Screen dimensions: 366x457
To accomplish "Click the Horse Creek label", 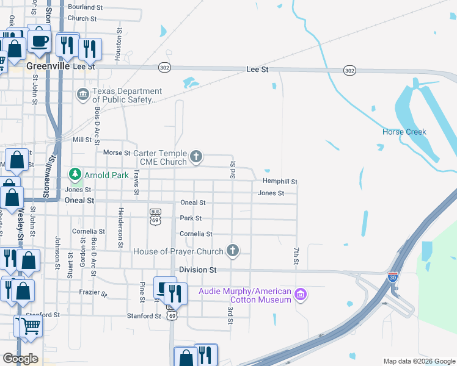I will pos(404,132).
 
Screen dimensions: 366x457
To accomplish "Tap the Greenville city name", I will pos(48,66).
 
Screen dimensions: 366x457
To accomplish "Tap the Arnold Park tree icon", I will pos(75,175).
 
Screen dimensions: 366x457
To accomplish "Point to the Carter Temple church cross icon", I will pos(196,157).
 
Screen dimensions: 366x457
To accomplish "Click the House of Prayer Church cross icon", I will pos(232,251).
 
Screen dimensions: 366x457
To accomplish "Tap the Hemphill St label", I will pos(280,181).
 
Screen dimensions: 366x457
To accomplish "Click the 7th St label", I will pos(296,256).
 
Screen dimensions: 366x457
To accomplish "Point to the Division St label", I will pos(197,269).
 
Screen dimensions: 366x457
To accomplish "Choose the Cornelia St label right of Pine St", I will pos(196,234).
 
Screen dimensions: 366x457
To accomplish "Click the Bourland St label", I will pos(85,7).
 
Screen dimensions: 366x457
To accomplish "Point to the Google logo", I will pos(20,359).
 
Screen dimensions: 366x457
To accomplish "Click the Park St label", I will pos(190,218).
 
